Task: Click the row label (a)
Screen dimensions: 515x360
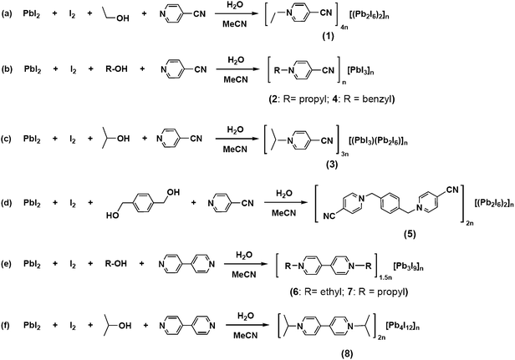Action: (6, 14)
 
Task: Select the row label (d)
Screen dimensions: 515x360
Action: (6, 202)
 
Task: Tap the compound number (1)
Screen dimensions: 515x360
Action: (328, 36)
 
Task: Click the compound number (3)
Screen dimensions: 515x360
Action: (332, 164)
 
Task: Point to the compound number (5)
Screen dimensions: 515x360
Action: (410, 234)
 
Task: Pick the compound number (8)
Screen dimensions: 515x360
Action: (347, 354)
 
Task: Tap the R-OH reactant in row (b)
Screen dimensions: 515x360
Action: (116, 69)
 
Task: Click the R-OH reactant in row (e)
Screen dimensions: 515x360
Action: (115, 264)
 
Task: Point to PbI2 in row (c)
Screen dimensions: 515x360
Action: (32, 139)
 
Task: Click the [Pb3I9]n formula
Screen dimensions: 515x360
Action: (408, 266)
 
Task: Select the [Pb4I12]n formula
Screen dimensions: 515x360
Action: (403, 327)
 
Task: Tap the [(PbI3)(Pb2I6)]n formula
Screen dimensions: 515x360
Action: (379, 141)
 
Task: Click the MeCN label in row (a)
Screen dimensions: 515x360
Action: (235, 24)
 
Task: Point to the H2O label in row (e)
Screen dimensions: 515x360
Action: (244, 255)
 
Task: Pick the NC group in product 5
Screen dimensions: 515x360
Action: (329, 216)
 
